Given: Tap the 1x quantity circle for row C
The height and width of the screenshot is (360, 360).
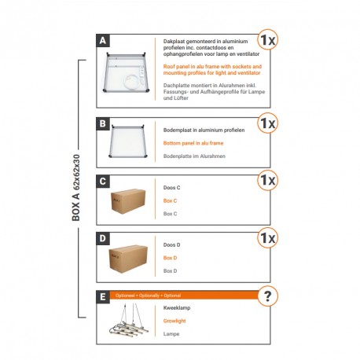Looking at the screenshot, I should [268, 180].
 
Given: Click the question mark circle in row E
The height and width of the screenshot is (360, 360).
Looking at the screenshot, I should [269, 296].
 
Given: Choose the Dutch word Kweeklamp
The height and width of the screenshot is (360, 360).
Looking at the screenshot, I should [177, 308].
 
